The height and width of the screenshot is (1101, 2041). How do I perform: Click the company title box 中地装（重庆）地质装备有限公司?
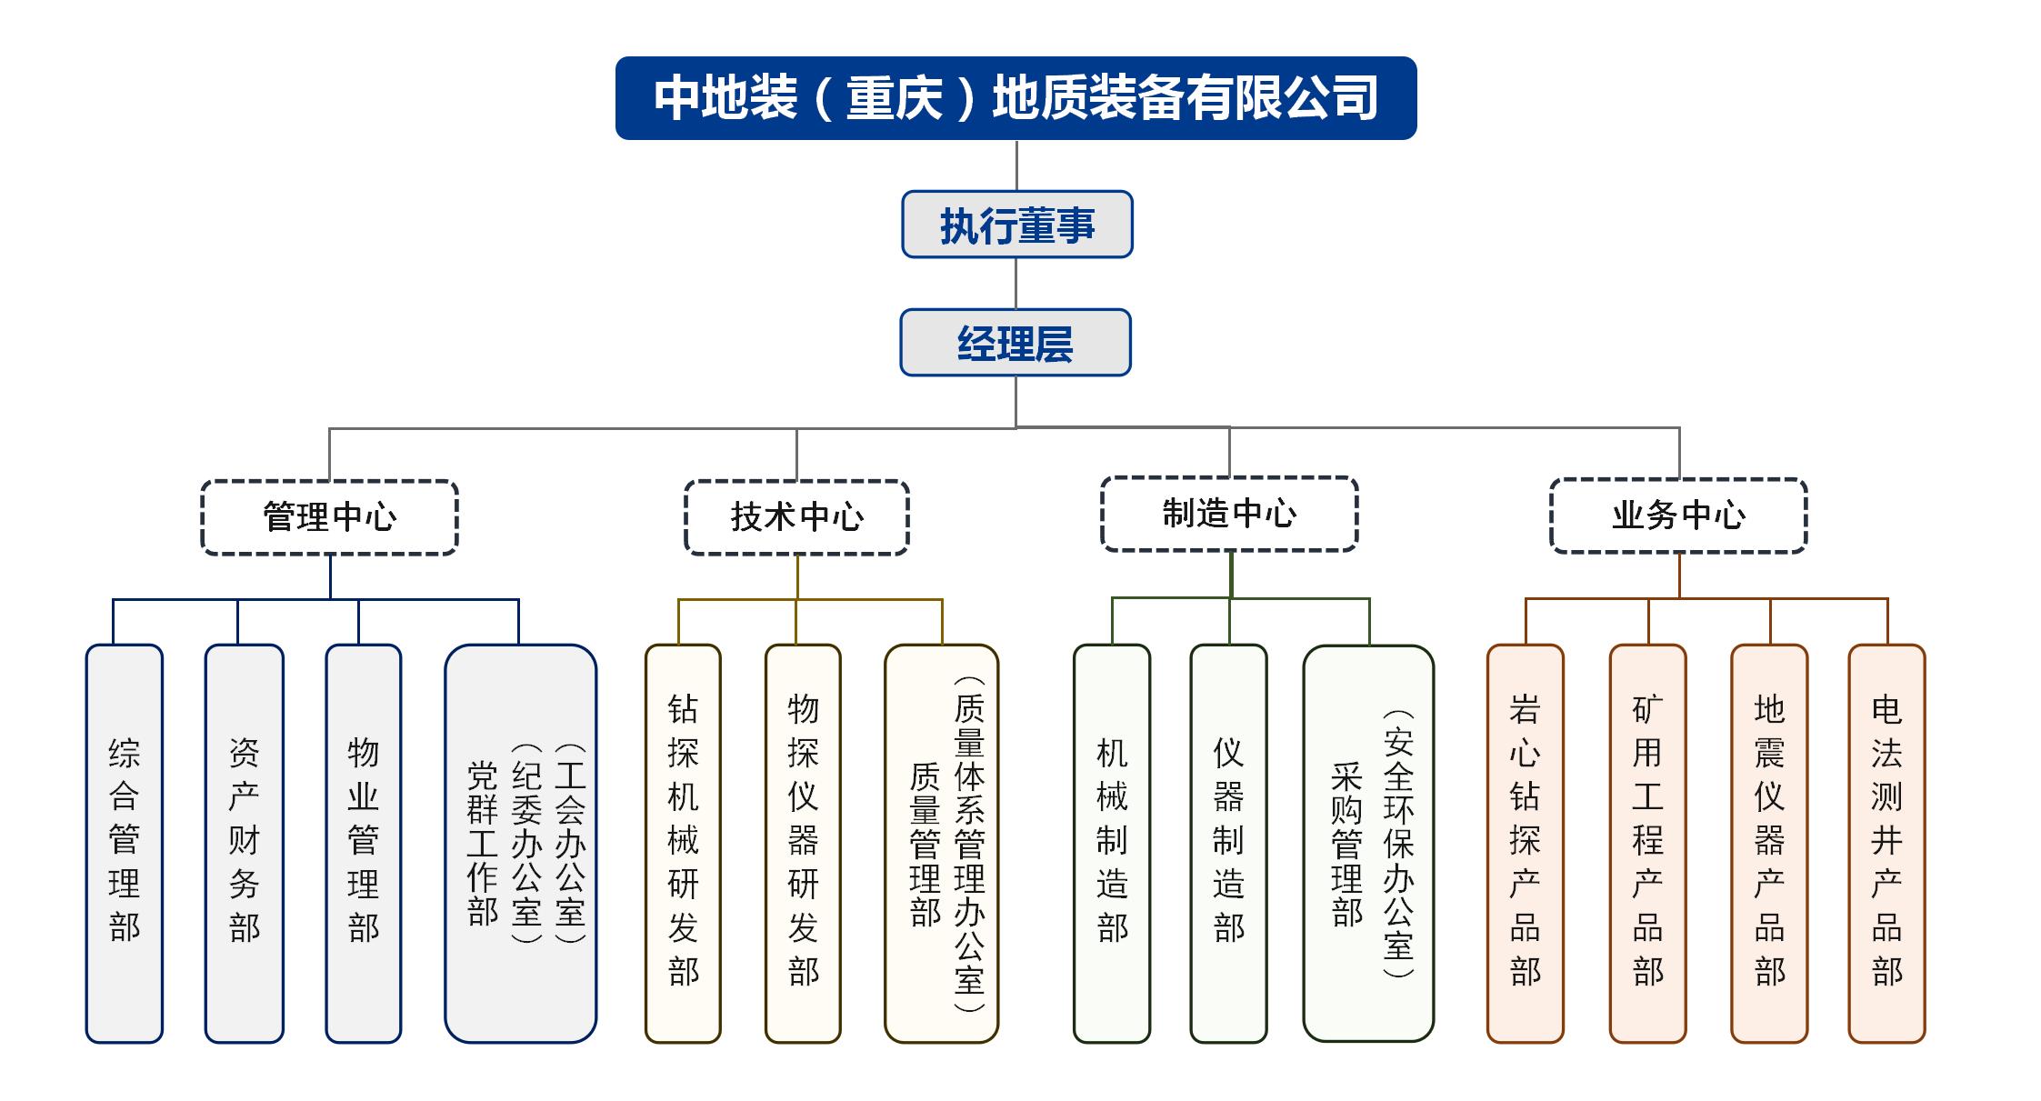(x=1015, y=98)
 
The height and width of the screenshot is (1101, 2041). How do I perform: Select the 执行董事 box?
(x=1016, y=225)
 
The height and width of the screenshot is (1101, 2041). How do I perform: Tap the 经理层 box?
(x=1015, y=343)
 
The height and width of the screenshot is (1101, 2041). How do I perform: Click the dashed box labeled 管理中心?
(x=329, y=517)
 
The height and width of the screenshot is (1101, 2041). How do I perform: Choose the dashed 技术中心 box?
(x=796, y=517)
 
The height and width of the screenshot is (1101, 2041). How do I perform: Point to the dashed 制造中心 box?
(x=1229, y=514)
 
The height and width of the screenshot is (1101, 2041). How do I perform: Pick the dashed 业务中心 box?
(x=1678, y=515)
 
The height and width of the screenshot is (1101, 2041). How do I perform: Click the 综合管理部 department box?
(x=125, y=843)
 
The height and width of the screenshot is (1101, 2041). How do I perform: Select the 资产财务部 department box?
(x=244, y=843)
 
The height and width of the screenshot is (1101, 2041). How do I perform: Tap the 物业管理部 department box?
(x=363, y=843)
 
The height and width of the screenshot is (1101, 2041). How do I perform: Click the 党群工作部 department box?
(x=520, y=843)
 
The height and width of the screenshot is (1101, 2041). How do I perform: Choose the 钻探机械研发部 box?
(x=683, y=843)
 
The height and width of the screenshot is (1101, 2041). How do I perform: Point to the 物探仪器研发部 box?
(x=803, y=843)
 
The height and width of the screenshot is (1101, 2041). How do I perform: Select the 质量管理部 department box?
(x=941, y=843)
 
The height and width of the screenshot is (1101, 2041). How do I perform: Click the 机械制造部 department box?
(x=1112, y=843)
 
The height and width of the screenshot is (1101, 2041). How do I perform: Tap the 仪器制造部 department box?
(x=1228, y=843)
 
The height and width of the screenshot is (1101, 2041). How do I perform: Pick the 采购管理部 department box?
(x=1368, y=843)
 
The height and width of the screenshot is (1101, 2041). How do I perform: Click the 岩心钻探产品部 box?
(x=1525, y=843)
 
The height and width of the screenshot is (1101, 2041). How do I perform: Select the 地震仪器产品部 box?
(x=1769, y=843)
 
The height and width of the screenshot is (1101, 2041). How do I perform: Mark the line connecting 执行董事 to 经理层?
(x=1015, y=284)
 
